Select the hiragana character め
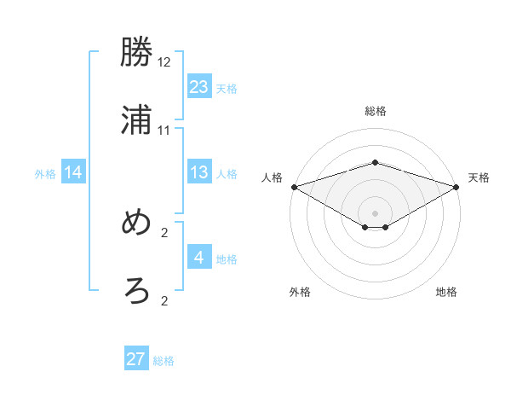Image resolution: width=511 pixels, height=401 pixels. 137,224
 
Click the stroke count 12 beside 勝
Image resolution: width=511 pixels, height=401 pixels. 164,63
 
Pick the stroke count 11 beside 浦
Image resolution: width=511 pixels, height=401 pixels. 164,130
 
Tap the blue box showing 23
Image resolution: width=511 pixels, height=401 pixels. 199,86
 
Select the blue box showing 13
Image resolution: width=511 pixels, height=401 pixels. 199,172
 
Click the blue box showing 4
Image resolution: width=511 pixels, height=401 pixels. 199,258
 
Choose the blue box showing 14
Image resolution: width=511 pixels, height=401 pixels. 73,172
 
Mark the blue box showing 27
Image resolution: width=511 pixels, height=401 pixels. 136,359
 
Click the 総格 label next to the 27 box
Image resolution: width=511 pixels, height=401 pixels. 164,361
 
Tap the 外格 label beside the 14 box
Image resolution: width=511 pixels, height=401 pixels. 45,174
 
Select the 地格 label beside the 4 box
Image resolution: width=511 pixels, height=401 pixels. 227,259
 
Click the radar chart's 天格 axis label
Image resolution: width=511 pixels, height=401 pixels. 479,177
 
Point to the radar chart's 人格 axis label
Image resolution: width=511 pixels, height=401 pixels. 272,177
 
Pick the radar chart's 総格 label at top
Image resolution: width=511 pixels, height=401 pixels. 375,111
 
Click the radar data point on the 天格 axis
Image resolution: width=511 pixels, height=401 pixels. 457,187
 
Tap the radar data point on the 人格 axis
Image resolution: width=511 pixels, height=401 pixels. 294,187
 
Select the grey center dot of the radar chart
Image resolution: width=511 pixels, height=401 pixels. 376,213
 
